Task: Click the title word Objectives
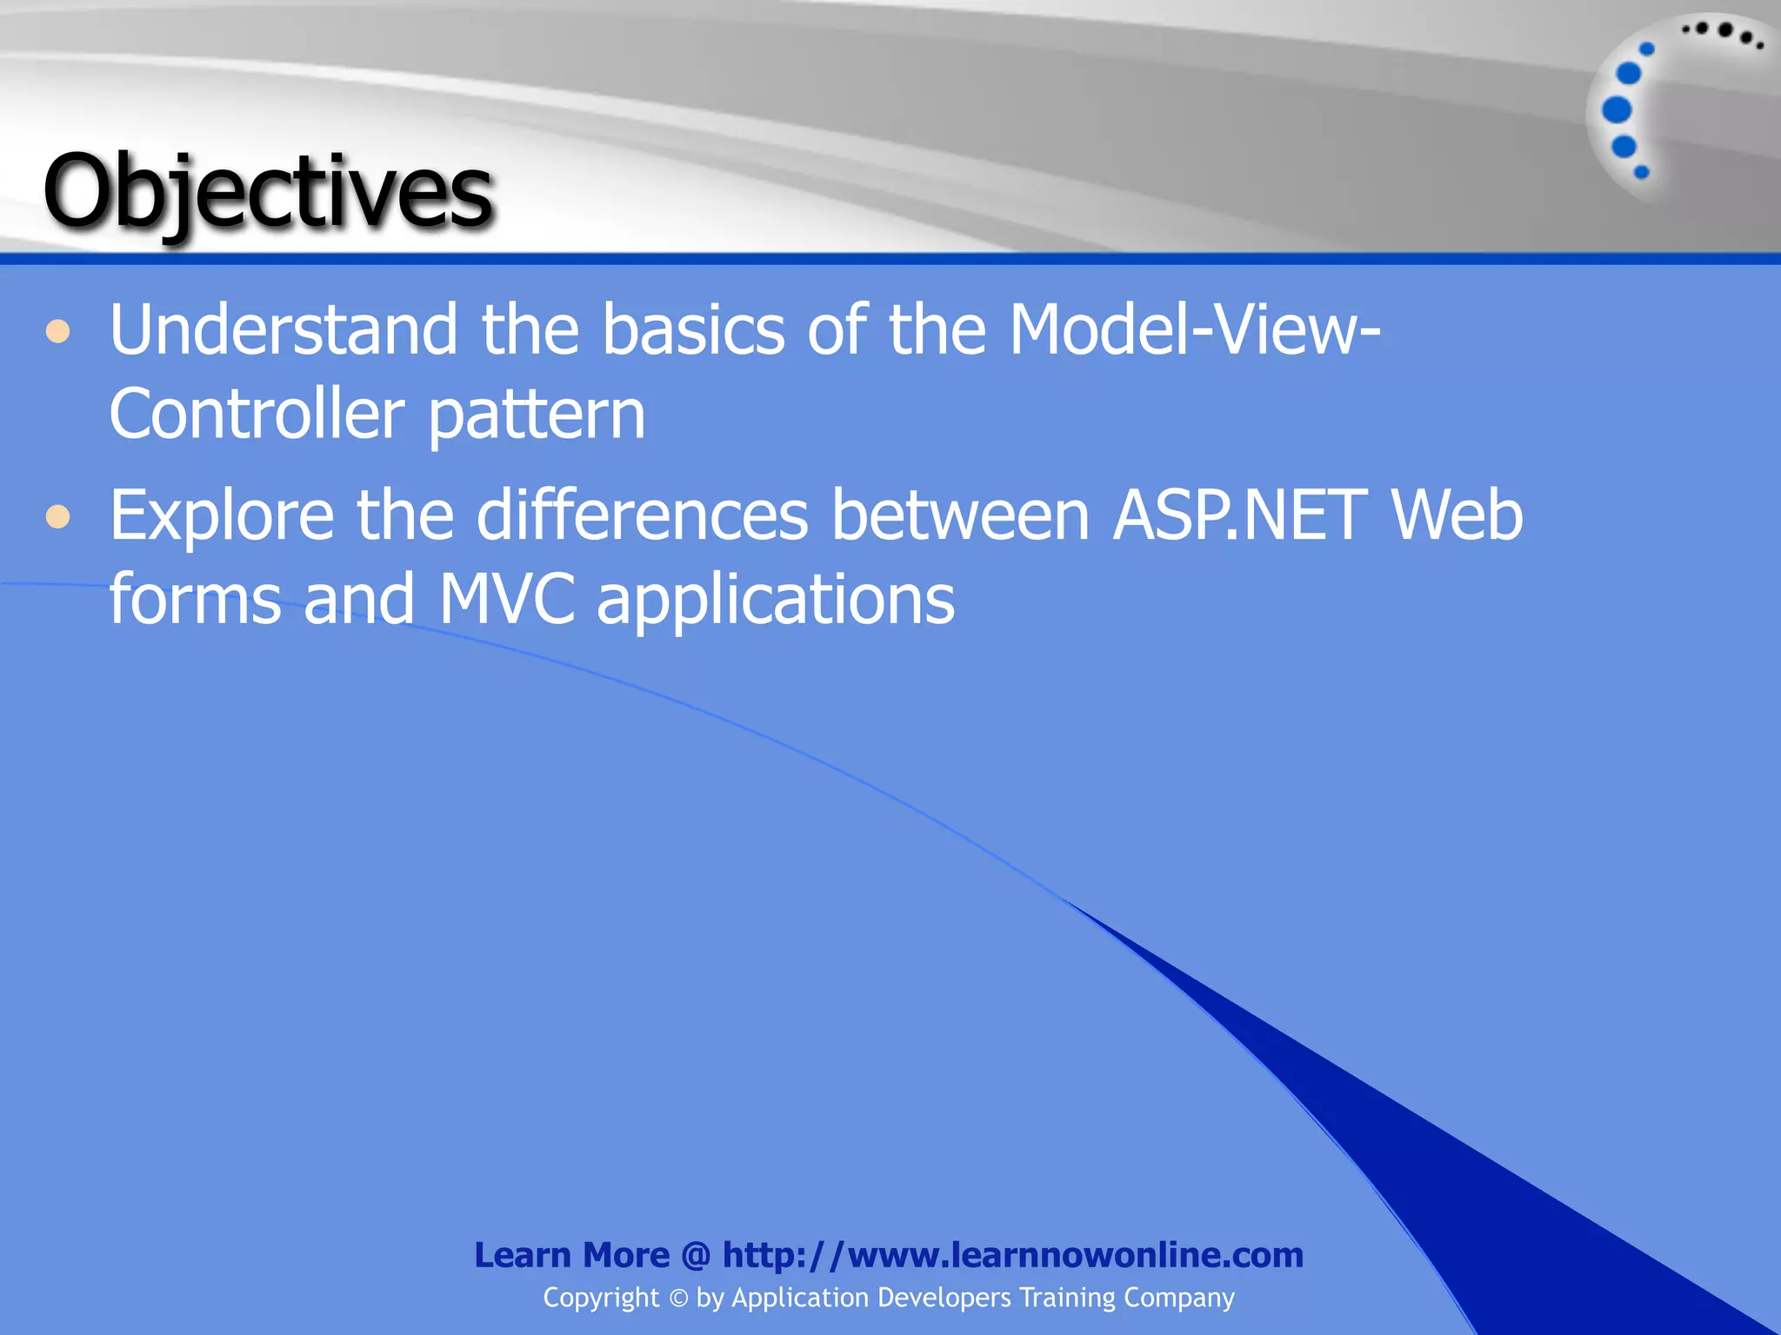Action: click(x=268, y=191)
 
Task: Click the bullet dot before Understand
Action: click(x=57, y=332)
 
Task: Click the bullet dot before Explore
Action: click(x=57, y=518)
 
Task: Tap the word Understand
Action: click(x=283, y=330)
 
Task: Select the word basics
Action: click(x=693, y=330)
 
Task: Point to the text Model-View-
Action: click(x=1194, y=330)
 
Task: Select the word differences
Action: click(x=642, y=516)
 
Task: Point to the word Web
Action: click(x=1457, y=516)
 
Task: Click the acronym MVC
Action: click(x=506, y=600)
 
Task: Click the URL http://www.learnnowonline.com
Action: click(x=1012, y=1255)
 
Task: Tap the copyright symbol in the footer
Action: click(x=678, y=1298)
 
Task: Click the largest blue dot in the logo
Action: click(x=1617, y=110)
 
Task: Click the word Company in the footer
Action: click(x=1178, y=1298)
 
